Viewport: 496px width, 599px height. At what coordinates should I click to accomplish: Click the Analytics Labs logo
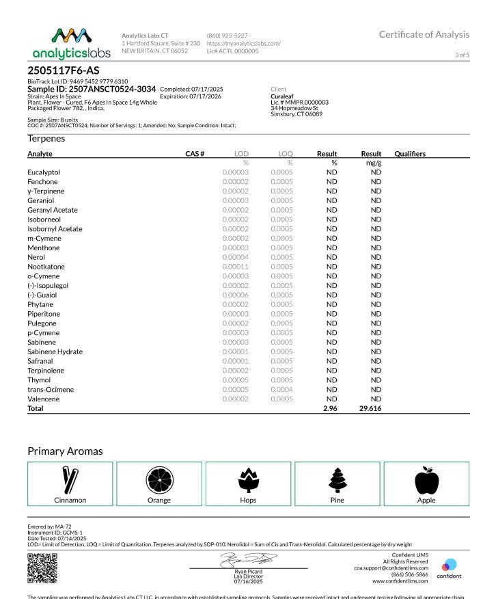tap(70, 43)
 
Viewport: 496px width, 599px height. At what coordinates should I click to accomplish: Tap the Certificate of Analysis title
tap(424, 34)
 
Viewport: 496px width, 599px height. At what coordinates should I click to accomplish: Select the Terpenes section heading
tap(46, 138)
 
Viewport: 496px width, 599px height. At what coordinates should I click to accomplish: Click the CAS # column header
tap(195, 154)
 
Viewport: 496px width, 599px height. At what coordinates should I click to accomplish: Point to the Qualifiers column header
tap(410, 154)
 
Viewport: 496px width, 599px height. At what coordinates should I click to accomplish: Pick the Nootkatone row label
tap(46, 267)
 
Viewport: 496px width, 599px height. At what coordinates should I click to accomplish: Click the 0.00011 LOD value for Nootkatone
tap(235, 267)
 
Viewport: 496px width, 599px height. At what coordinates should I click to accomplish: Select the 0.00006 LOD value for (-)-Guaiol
tap(235, 295)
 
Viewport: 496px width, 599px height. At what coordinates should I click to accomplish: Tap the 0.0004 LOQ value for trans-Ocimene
tap(281, 389)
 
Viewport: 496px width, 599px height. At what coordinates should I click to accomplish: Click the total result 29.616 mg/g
tap(371, 408)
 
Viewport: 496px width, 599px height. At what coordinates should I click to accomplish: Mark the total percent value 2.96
tap(331, 408)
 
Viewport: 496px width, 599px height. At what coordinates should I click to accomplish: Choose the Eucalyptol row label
tap(44, 172)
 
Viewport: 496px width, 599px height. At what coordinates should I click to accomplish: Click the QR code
tap(42, 567)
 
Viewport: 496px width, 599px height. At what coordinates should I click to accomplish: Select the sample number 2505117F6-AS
tap(64, 70)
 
